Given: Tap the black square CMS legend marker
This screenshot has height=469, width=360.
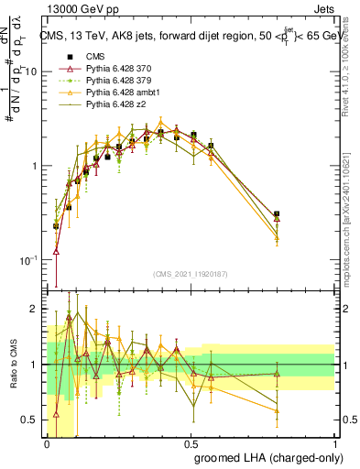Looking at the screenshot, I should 69,56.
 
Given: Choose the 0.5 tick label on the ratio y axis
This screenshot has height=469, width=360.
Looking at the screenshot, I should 32,420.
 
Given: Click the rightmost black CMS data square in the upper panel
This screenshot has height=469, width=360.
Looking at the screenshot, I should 277,214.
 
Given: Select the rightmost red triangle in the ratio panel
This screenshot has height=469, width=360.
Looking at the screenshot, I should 277,373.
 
